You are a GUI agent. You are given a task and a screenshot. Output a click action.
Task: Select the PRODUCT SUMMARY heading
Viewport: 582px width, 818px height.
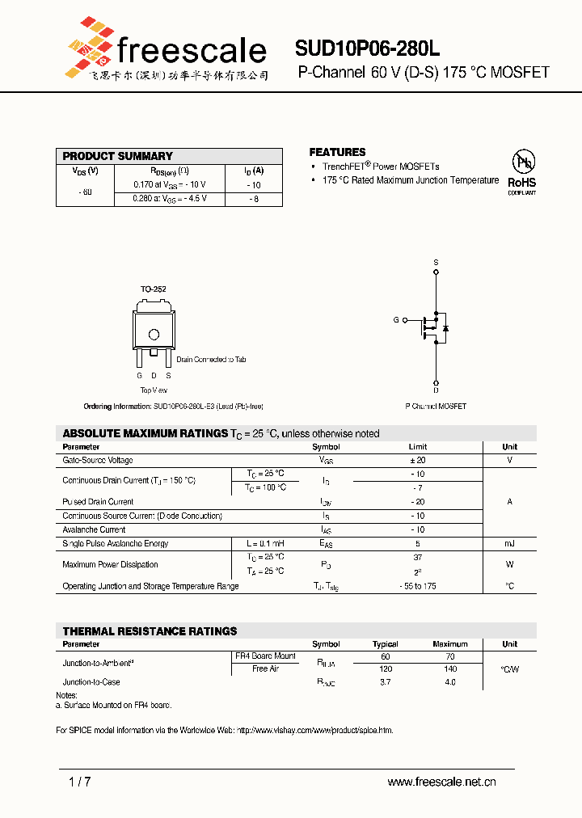pos(118,156)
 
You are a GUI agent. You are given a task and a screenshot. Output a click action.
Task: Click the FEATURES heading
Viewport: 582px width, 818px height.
pos(337,152)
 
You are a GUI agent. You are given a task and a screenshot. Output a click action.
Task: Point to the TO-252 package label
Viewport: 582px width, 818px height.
pos(153,289)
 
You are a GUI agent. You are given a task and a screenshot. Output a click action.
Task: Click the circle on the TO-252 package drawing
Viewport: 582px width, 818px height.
pos(154,334)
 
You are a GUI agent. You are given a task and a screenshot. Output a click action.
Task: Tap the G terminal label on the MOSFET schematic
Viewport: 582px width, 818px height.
pos(396,320)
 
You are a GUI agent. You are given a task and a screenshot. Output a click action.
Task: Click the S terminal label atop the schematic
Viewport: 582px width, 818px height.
pos(436,263)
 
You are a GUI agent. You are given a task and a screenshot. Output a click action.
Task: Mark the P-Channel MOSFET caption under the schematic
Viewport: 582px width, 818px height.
pos(436,406)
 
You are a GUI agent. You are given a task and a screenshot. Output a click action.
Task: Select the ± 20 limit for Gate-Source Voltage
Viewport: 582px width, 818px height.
pos(417,460)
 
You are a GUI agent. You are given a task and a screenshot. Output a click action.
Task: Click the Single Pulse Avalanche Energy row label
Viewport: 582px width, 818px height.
pos(115,543)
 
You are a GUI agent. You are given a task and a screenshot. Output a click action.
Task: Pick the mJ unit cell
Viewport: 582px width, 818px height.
pos(509,543)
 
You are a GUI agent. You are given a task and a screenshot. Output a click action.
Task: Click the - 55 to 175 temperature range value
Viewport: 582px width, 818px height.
pos(417,586)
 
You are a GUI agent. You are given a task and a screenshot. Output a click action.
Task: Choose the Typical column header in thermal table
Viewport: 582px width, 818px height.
pos(385,644)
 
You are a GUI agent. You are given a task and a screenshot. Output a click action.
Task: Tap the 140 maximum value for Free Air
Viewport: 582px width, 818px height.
pos(450,669)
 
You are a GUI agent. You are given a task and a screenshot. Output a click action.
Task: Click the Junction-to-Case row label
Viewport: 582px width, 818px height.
pos(91,682)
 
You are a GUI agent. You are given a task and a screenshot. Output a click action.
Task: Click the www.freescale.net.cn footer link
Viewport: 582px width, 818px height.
pos(441,782)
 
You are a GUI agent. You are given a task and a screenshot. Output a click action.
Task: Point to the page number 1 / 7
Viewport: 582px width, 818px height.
pos(80,782)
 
